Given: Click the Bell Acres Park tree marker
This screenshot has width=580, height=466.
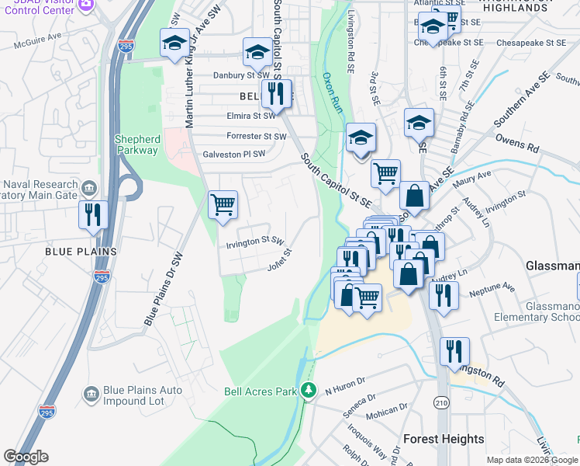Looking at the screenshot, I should coord(309,390).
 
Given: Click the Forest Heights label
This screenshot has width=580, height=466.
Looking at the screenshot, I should coord(444,439).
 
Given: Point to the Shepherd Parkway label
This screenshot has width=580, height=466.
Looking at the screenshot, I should coord(138,144).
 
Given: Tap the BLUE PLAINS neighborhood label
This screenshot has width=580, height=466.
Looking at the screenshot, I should coord(81,252).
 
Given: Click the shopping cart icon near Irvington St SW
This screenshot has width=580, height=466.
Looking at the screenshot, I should coord(223,206).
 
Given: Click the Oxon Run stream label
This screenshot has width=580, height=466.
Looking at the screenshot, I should coord(332,93).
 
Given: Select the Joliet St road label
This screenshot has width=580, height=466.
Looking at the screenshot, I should coord(279,259).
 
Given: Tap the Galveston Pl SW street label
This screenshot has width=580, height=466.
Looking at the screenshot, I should coord(233,154).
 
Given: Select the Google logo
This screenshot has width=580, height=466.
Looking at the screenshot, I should coord(26,457).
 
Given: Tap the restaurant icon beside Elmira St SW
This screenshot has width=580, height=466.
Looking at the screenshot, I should coord(276,95).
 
